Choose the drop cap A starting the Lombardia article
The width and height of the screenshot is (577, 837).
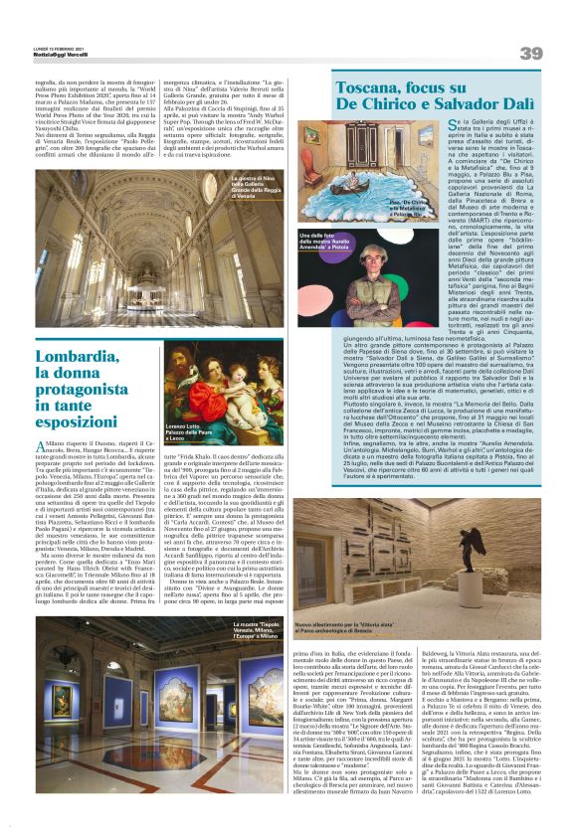tap(41, 448)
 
